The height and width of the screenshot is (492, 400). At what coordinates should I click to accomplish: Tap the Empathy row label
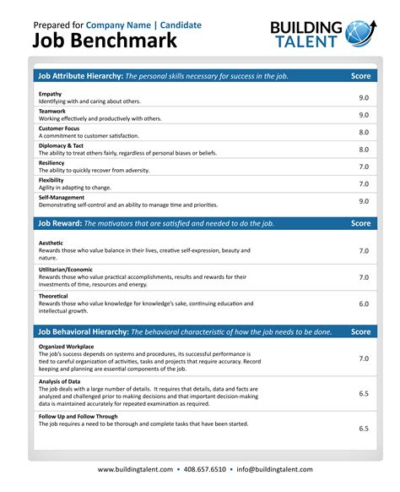coord(51,93)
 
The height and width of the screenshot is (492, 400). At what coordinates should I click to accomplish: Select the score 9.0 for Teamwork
coord(364,115)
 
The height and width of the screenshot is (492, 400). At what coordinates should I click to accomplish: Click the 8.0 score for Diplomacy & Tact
coord(364,150)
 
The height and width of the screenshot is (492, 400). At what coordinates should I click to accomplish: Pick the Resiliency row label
coord(53,162)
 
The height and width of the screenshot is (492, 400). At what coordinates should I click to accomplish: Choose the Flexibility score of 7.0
coord(364,183)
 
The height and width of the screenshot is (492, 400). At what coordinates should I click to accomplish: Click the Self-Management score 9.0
coord(364,201)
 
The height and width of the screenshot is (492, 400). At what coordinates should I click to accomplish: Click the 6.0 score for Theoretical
coord(364,303)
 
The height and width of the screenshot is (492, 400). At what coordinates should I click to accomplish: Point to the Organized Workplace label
coord(68,346)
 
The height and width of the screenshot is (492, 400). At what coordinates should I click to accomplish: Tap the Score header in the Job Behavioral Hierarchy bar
coord(360,331)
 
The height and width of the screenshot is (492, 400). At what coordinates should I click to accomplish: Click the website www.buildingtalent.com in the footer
coord(135,469)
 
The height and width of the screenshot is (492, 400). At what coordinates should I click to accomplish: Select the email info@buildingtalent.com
coord(274,469)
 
